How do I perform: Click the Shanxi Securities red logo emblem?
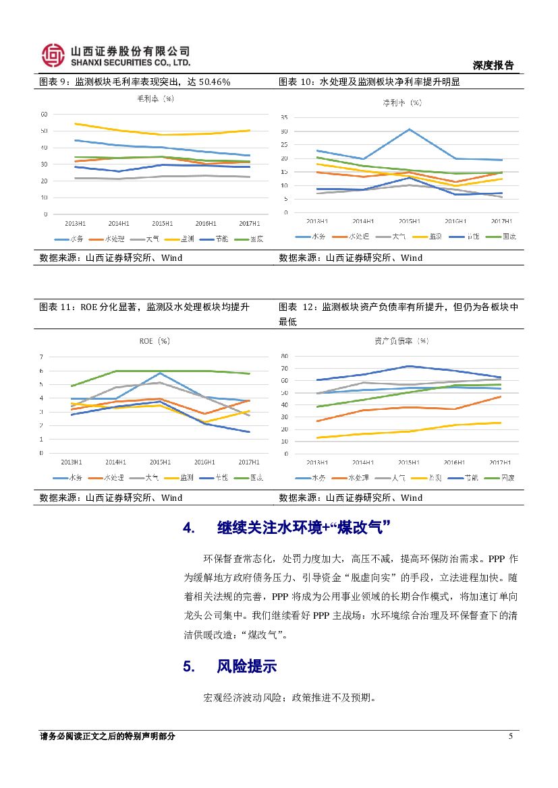pyautogui.click(x=53, y=55)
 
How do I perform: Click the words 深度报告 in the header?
pyautogui.click(x=493, y=65)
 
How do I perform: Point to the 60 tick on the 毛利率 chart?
pyautogui.click(x=44, y=114)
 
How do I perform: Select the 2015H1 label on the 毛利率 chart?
pyautogui.click(x=161, y=223)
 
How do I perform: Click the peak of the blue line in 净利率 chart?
pyautogui.click(x=409, y=129)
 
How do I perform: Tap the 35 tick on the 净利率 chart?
pyautogui.click(x=285, y=117)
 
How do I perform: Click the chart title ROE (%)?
pyautogui.click(x=155, y=341)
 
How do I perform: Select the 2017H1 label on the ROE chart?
pyautogui.click(x=248, y=462)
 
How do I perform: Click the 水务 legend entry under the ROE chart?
pyautogui.click(x=70, y=477)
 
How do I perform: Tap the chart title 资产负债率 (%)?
pyautogui.click(x=401, y=341)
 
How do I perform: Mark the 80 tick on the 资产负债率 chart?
pyautogui.click(x=285, y=356)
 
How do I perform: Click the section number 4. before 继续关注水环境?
pyautogui.click(x=189, y=527)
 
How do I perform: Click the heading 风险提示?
pyautogui.click(x=247, y=667)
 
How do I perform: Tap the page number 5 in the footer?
pyautogui.click(x=510, y=736)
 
